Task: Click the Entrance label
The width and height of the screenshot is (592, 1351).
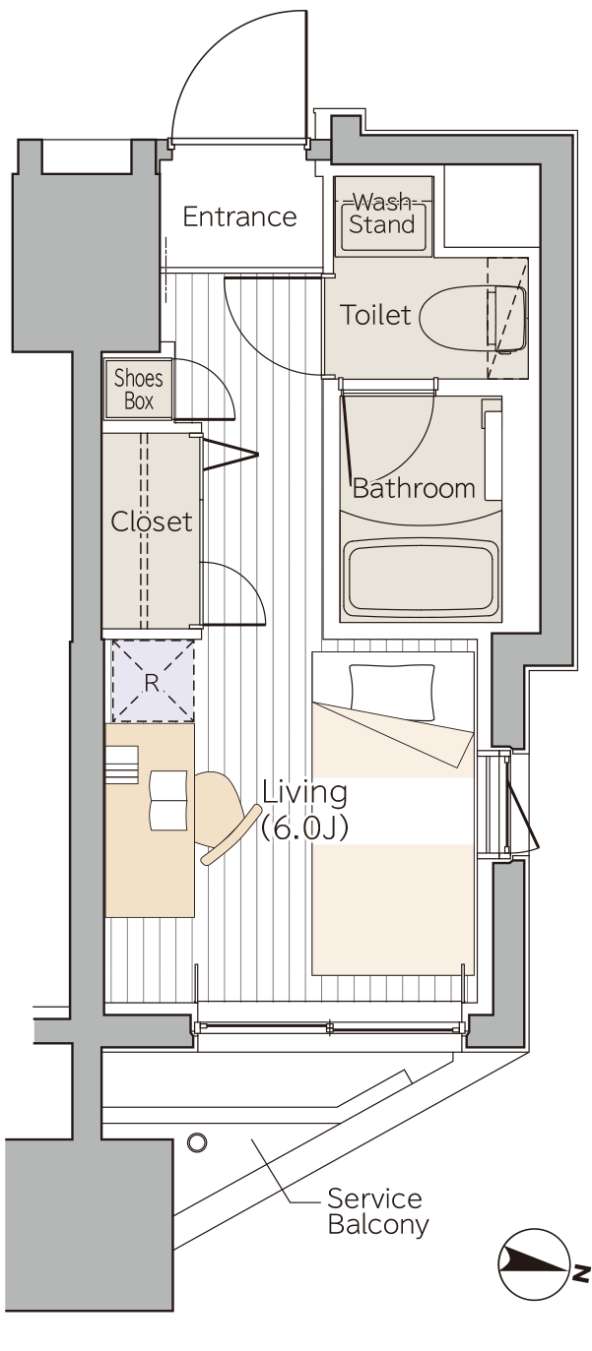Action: coord(239,216)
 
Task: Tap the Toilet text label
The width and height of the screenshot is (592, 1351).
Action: coord(374,315)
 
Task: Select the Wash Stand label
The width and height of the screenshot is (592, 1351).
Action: coord(382,215)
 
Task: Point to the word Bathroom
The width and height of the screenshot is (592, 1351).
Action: coord(414,488)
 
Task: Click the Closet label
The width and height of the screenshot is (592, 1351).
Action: coord(152,522)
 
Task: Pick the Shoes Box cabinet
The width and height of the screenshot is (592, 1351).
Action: coord(139,389)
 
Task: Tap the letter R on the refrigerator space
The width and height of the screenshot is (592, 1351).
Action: coord(152,683)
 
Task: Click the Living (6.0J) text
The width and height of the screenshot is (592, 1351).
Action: coord(304,810)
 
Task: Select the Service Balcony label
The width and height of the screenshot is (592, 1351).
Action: coord(378,1211)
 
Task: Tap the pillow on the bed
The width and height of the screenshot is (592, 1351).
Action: coord(392,692)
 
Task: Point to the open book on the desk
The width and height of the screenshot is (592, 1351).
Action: coord(168,800)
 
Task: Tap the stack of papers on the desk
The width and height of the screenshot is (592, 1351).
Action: coord(122,766)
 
